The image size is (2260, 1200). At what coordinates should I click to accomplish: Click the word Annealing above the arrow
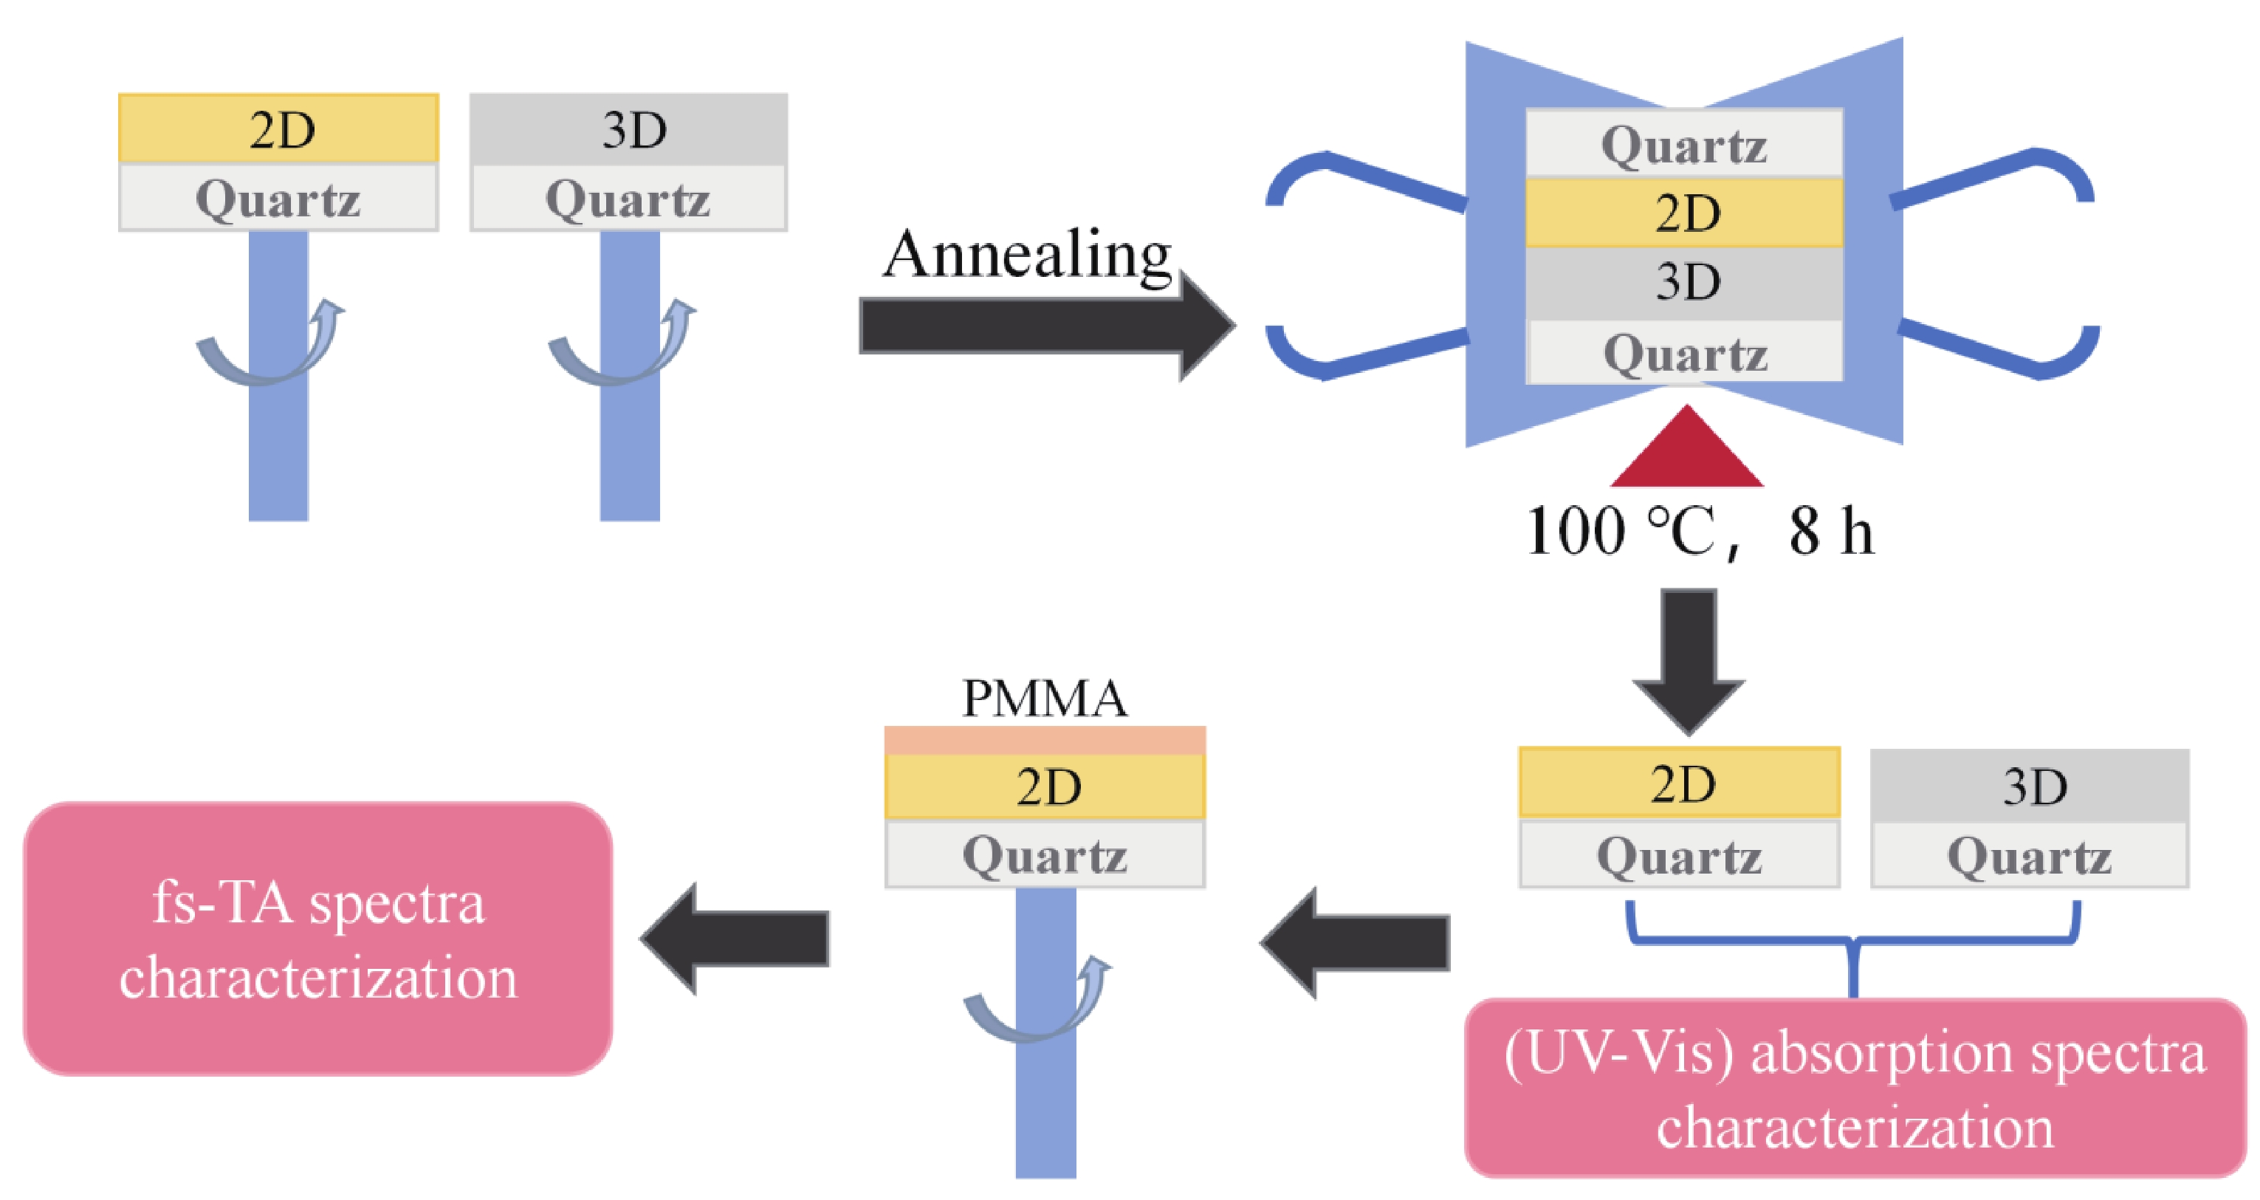(x=1026, y=254)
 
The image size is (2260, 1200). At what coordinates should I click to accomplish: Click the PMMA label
(x=1044, y=699)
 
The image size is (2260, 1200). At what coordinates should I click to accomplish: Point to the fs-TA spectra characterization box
(x=317, y=939)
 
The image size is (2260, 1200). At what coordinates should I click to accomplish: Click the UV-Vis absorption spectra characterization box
(x=1854, y=1088)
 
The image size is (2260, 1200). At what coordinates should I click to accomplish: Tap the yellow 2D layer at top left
(x=278, y=129)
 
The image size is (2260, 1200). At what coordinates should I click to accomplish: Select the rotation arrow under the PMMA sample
(x=1035, y=1004)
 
